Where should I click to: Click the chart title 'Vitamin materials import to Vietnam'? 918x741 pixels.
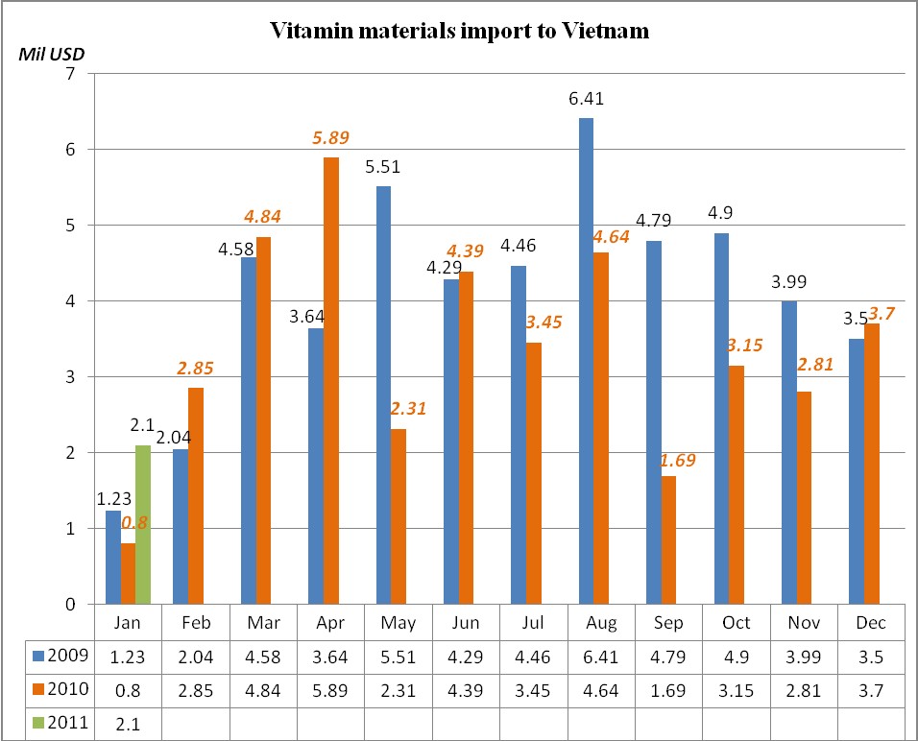pyautogui.click(x=459, y=31)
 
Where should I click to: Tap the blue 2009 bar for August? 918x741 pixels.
pyautogui.click(x=586, y=361)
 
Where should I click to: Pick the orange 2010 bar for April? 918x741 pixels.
pyautogui.click(x=330, y=380)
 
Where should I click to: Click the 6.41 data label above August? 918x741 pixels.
pyautogui.click(x=586, y=99)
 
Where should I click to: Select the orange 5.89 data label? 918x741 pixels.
pyautogui.click(x=330, y=138)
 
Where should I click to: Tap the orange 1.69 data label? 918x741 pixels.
pyautogui.click(x=678, y=460)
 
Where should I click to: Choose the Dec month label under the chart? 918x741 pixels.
pyautogui.click(x=872, y=623)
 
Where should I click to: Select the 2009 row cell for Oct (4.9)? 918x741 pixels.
pyautogui.click(x=736, y=657)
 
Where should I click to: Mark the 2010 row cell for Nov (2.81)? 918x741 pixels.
pyautogui.click(x=803, y=689)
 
